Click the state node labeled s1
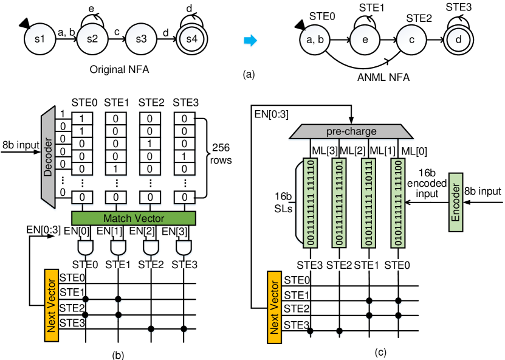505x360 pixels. (40, 40)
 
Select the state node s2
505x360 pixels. (92, 40)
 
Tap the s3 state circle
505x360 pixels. (141, 40)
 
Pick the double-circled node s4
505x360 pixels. (192, 40)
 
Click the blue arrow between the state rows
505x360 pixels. (250, 41)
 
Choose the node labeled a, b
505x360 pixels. (315, 40)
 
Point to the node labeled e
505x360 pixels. (365, 40)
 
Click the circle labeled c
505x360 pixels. (411, 40)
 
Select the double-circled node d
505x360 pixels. (458, 40)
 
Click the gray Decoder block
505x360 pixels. (48, 157)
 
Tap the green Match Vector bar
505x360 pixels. (134, 218)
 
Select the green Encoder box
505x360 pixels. (456, 202)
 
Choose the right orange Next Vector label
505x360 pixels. (275, 307)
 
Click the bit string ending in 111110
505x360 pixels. (311, 202)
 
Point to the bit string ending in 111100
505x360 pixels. (398, 202)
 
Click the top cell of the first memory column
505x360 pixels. (81, 119)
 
